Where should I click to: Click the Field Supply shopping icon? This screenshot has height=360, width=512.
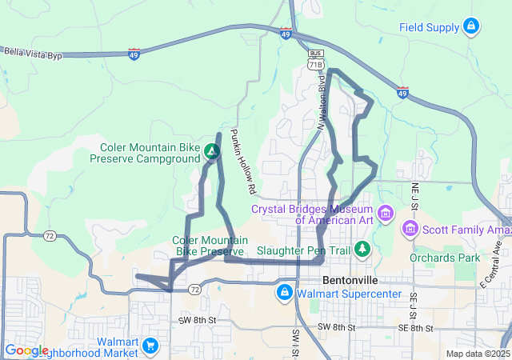pyautogui.click(x=472, y=27)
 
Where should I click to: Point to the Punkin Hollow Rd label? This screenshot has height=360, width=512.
pyautogui.click(x=242, y=162)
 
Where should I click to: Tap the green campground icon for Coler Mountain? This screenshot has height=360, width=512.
pyautogui.click(x=211, y=150)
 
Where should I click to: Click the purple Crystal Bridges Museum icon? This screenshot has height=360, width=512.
pyautogui.click(x=386, y=214)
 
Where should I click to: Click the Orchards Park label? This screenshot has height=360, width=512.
pyautogui.click(x=445, y=258)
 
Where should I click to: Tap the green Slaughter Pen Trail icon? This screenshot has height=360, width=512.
pyautogui.click(x=362, y=250)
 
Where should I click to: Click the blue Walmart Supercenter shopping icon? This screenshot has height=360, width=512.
pyautogui.click(x=283, y=294)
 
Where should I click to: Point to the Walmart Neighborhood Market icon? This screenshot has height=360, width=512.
pyautogui.click(x=152, y=346)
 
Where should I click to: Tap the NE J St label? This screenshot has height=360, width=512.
pyautogui.click(x=415, y=195)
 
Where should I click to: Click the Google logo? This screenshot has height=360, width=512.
pyautogui.click(x=26, y=350)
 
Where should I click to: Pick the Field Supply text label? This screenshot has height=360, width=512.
pyautogui.click(x=430, y=27)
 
